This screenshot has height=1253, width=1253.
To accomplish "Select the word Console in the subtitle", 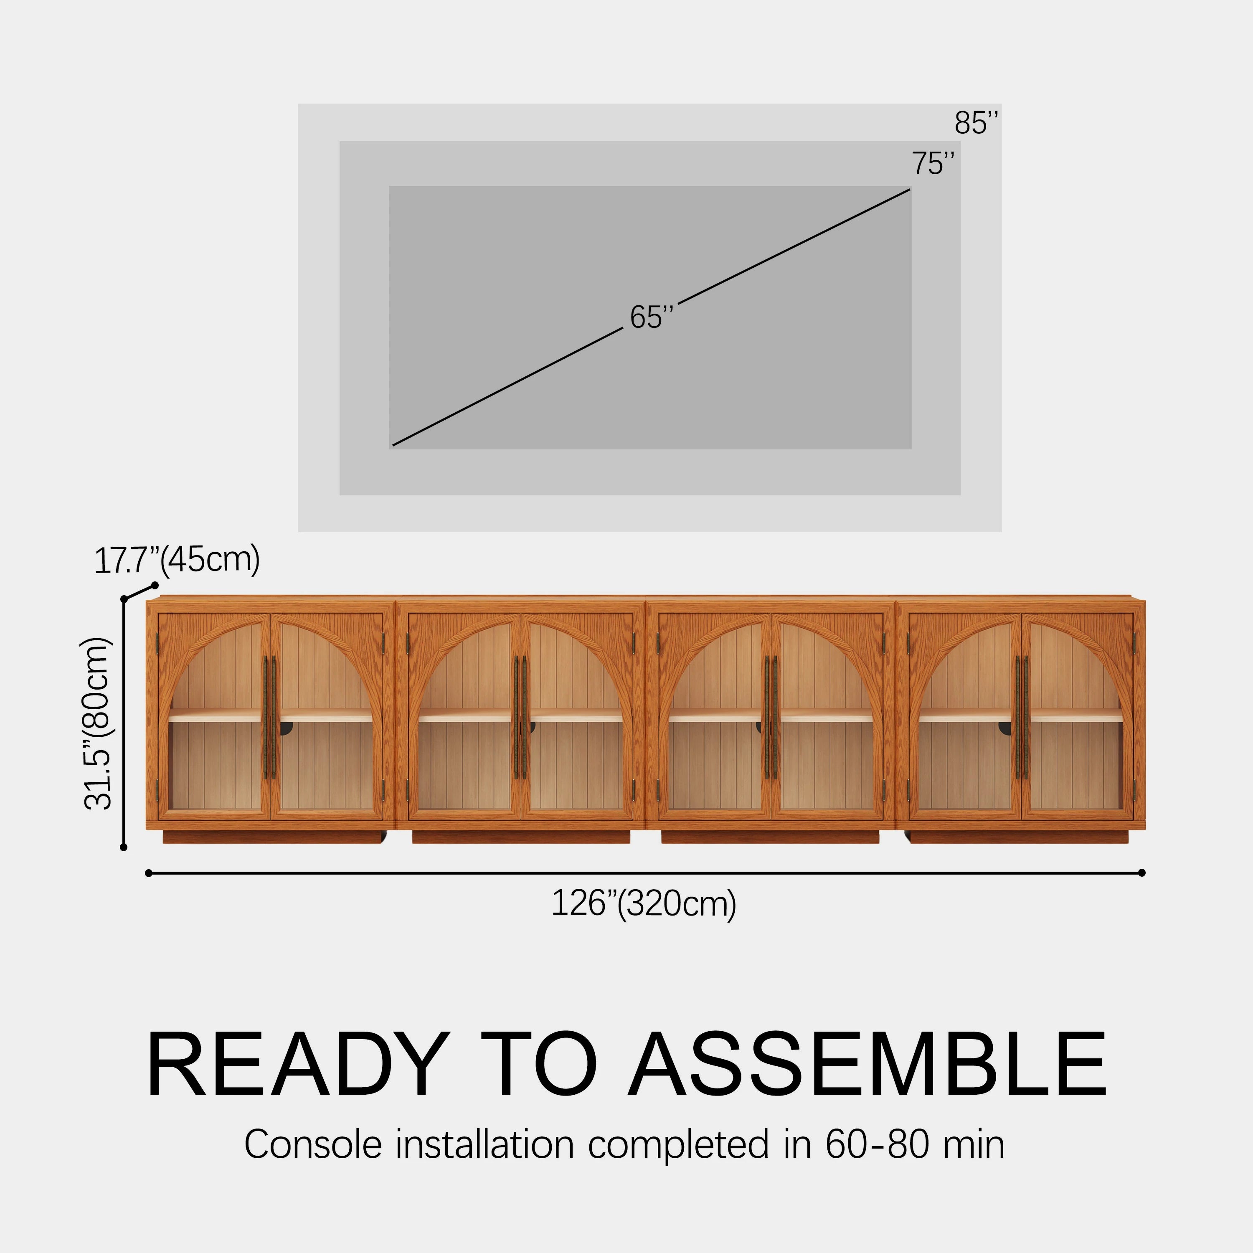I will point(312,1145).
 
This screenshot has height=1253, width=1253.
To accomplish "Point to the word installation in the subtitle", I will point(484,1145).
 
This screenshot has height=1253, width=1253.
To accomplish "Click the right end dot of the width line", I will point(1141,873).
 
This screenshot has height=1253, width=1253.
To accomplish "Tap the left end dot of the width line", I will point(149,873).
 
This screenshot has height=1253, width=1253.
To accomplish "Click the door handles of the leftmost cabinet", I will point(269,717).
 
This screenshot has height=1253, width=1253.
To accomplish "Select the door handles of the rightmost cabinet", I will point(1022,717).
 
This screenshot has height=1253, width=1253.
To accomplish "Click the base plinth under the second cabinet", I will point(521,837).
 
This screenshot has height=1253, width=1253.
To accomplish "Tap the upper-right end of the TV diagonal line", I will point(909,189).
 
